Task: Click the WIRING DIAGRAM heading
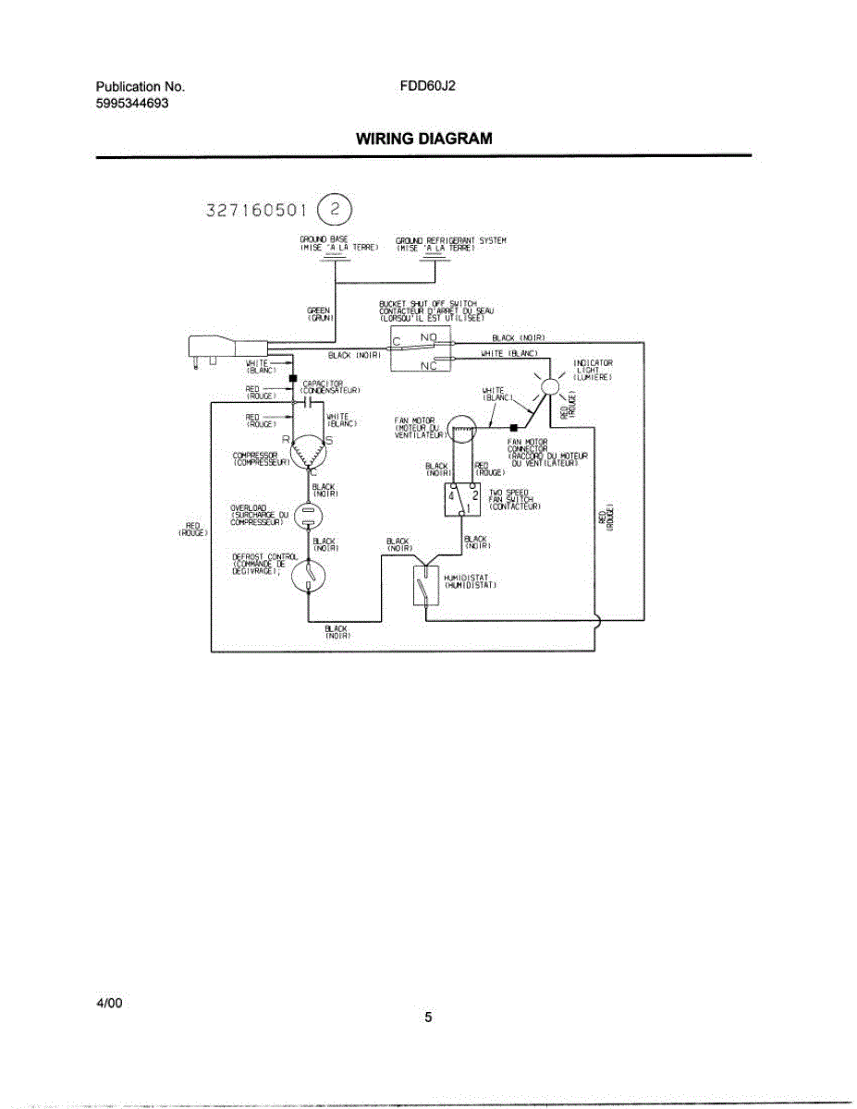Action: pos(424,139)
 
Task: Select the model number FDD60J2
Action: pos(428,87)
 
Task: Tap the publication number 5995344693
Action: pos(132,104)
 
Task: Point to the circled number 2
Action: pos(335,210)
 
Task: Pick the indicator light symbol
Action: pos(550,386)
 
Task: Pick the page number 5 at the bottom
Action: pos(428,1018)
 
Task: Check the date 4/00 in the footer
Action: pos(109,1003)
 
